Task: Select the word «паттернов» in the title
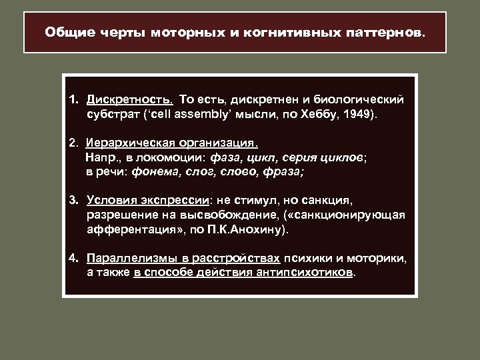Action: point(384,32)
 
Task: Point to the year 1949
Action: point(360,114)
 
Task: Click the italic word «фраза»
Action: point(279,171)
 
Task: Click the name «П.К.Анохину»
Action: point(251,230)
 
